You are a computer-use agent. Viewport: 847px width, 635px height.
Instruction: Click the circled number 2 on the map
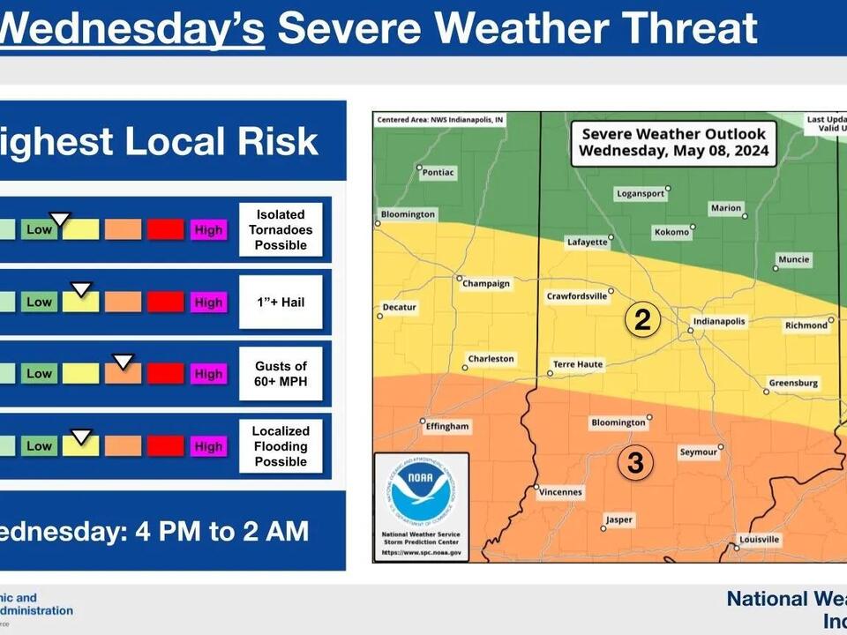[x=642, y=319]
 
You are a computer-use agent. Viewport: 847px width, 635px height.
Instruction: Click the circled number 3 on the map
[x=635, y=461]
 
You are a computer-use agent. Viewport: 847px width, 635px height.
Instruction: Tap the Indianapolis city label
[x=719, y=322]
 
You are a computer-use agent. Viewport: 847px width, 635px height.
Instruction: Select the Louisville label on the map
[x=760, y=539]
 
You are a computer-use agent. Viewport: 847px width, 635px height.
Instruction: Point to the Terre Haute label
[x=577, y=363]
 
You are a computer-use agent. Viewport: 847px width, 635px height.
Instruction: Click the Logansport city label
[x=640, y=194]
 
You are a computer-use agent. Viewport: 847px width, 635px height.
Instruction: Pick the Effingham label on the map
[x=447, y=426]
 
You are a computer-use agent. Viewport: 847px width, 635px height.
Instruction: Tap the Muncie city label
[x=793, y=259]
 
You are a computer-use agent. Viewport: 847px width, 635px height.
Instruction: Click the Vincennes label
[x=560, y=491]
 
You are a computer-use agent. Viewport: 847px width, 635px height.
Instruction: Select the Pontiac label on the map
[x=438, y=172]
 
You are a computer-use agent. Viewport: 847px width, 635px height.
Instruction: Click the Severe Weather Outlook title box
[x=673, y=142]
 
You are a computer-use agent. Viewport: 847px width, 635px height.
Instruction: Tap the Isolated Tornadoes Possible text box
[x=281, y=229]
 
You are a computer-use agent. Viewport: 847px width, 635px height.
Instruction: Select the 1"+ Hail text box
[x=281, y=302]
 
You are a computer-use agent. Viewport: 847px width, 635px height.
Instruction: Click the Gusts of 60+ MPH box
[x=281, y=374]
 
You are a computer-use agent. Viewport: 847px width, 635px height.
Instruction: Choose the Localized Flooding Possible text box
[x=281, y=446]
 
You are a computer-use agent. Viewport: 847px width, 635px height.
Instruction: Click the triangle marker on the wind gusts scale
[x=123, y=361]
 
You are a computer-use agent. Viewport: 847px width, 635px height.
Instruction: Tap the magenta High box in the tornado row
[x=208, y=230]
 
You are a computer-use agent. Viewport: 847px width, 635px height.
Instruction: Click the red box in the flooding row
[x=165, y=446]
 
